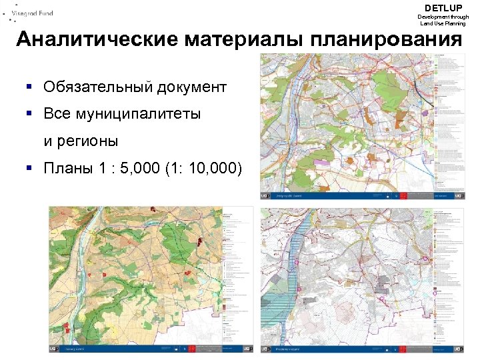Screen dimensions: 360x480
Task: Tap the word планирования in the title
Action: coord(385,40)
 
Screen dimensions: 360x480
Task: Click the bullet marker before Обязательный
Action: coord(30,87)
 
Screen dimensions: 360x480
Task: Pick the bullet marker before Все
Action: coord(30,114)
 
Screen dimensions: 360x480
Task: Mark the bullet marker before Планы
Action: coord(30,168)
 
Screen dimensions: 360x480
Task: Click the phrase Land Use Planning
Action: coord(443,23)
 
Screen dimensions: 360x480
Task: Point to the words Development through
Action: coord(443,17)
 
